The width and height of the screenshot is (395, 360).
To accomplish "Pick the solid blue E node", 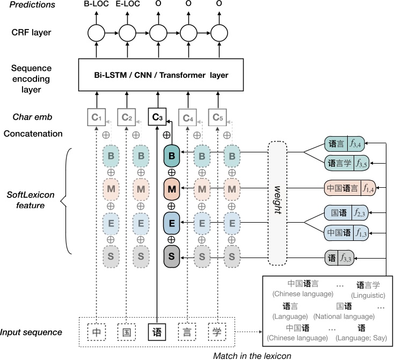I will pos(172,222).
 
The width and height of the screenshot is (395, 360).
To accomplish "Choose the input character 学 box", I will pos(217,332).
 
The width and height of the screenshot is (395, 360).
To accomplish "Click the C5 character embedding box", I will pos(217,116).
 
